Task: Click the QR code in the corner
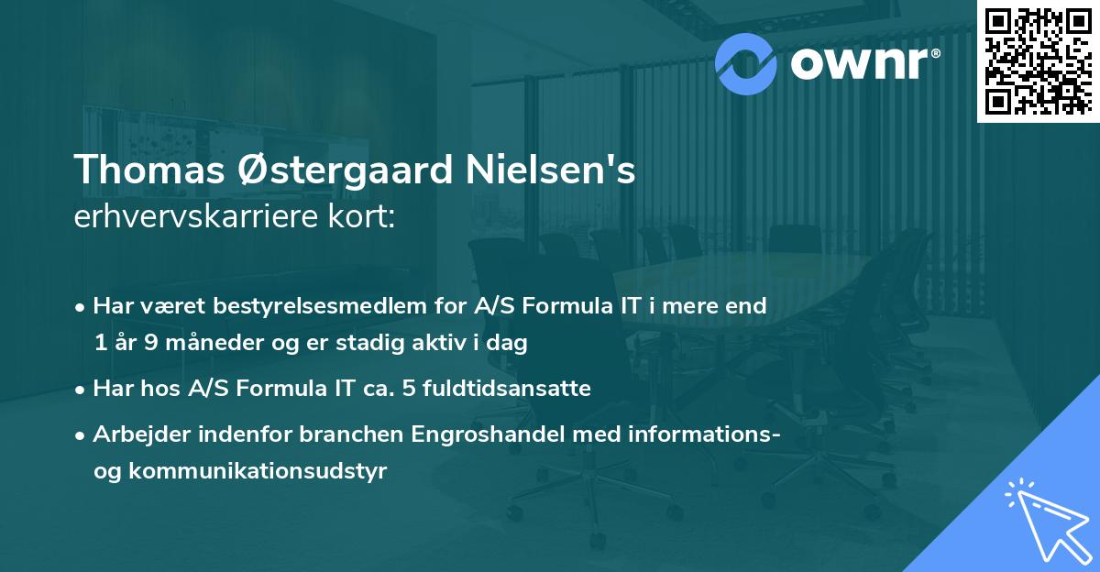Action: point(1039,60)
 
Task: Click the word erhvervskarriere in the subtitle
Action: point(192,218)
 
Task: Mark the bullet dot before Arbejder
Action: point(82,434)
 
